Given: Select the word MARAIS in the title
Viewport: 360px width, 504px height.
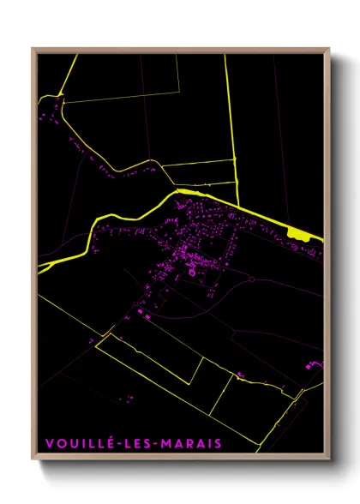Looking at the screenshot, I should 193,443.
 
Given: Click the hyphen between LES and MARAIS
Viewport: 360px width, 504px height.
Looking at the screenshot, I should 159,444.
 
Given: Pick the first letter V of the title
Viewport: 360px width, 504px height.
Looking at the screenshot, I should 50,443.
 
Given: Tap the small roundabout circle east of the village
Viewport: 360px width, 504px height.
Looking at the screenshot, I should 253,279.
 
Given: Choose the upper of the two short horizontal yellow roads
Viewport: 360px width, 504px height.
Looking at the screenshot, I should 199,161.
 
